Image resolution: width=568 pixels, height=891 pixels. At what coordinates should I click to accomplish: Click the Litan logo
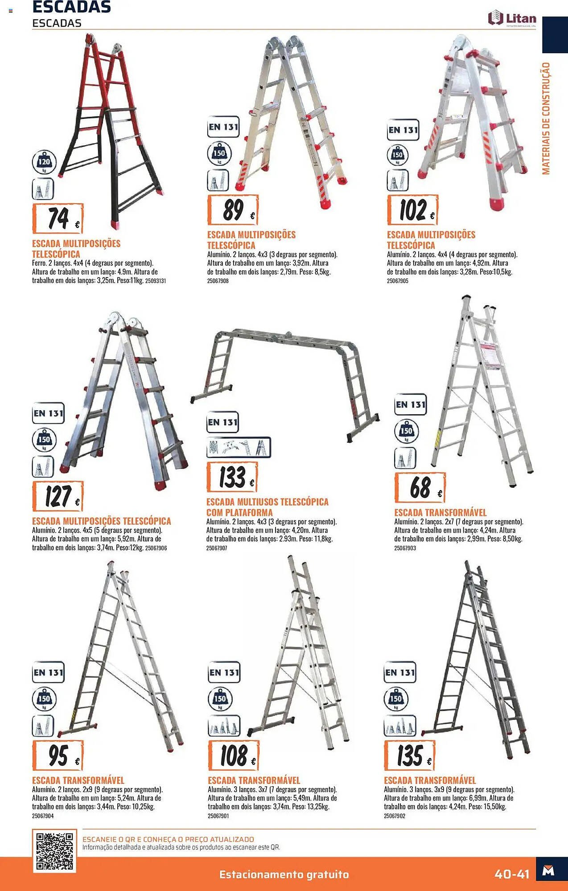pyautogui.click(x=512, y=19)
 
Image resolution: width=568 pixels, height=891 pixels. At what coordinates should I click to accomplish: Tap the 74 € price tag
pyautogui.click(x=58, y=218)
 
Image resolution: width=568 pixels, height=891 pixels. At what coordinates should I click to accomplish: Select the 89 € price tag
pyautogui.click(x=233, y=210)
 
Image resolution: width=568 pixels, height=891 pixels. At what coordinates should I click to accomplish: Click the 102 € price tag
pyautogui.click(x=412, y=210)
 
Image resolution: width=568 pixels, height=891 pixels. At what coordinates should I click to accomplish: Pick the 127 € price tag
pyautogui.click(x=58, y=496)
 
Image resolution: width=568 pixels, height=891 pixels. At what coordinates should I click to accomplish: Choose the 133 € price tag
pyautogui.click(x=232, y=477)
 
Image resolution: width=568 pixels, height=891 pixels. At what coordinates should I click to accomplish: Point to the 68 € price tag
pyautogui.click(x=420, y=487)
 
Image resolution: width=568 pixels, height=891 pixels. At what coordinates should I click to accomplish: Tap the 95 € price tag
pyautogui.click(x=58, y=756)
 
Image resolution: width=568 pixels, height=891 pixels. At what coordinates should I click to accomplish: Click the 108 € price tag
pyautogui.click(x=234, y=756)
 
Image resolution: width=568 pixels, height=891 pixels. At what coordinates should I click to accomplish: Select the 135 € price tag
pyautogui.click(x=410, y=756)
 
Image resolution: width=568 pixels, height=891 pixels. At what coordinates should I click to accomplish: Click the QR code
pyautogui.click(x=54, y=851)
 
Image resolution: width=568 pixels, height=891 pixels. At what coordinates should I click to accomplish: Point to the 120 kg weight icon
pyautogui.click(x=44, y=162)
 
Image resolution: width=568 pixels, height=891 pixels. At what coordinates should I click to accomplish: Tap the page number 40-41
pyautogui.click(x=512, y=874)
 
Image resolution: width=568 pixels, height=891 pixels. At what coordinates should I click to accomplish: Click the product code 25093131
pyautogui.click(x=156, y=281)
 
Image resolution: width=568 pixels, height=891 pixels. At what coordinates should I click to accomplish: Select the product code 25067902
pyautogui.click(x=395, y=816)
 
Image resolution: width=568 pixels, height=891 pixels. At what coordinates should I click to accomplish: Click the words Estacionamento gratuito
pyautogui.click(x=284, y=875)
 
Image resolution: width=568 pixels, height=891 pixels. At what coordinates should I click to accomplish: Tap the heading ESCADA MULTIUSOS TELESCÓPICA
pyautogui.click(x=268, y=502)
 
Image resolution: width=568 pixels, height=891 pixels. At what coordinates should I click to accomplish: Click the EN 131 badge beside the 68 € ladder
pyautogui.click(x=411, y=405)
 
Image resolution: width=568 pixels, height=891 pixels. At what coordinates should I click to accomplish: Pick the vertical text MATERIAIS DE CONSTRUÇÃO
pyautogui.click(x=546, y=119)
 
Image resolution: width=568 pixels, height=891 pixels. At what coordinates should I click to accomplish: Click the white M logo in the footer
pyautogui.click(x=548, y=871)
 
